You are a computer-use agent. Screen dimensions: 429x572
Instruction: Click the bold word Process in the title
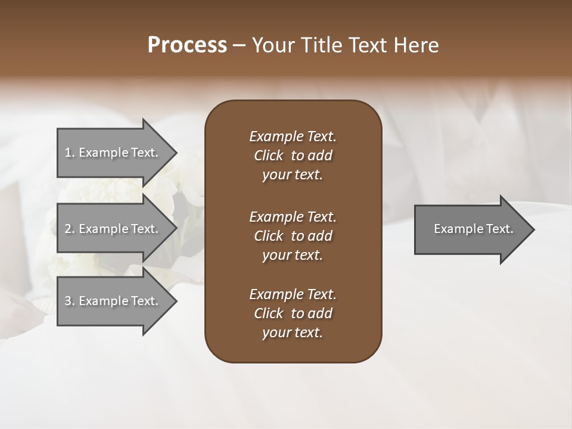pyautogui.click(x=187, y=45)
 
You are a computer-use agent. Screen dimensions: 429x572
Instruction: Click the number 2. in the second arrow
pyautogui.click(x=70, y=229)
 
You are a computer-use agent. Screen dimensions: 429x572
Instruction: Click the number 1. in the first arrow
pyautogui.click(x=70, y=153)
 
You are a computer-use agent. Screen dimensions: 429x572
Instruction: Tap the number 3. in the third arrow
pyautogui.click(x=70, y=301)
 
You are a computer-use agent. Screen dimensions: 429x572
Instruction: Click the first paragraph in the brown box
pyautogui.click(x=293, y=156)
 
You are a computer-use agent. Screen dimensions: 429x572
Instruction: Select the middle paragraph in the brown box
pyautogui.click(x=293, y=236)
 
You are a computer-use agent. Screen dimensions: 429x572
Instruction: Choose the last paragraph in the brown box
pyautogui.click(x=293, y=313)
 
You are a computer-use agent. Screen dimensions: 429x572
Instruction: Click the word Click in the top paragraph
pyautogui.click(x=268, y=156)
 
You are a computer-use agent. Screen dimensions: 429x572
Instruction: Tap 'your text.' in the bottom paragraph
pyautogui.click(x=293, y=332)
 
